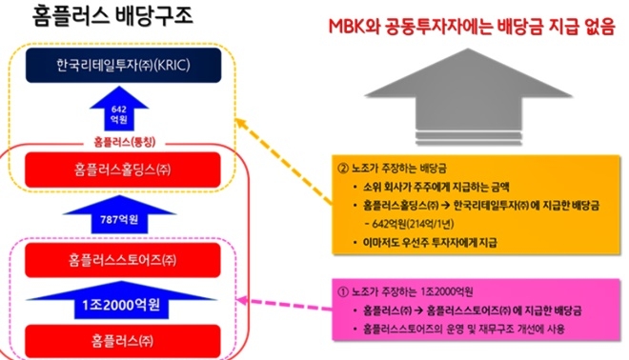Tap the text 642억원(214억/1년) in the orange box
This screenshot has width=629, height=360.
click(412, 225)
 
